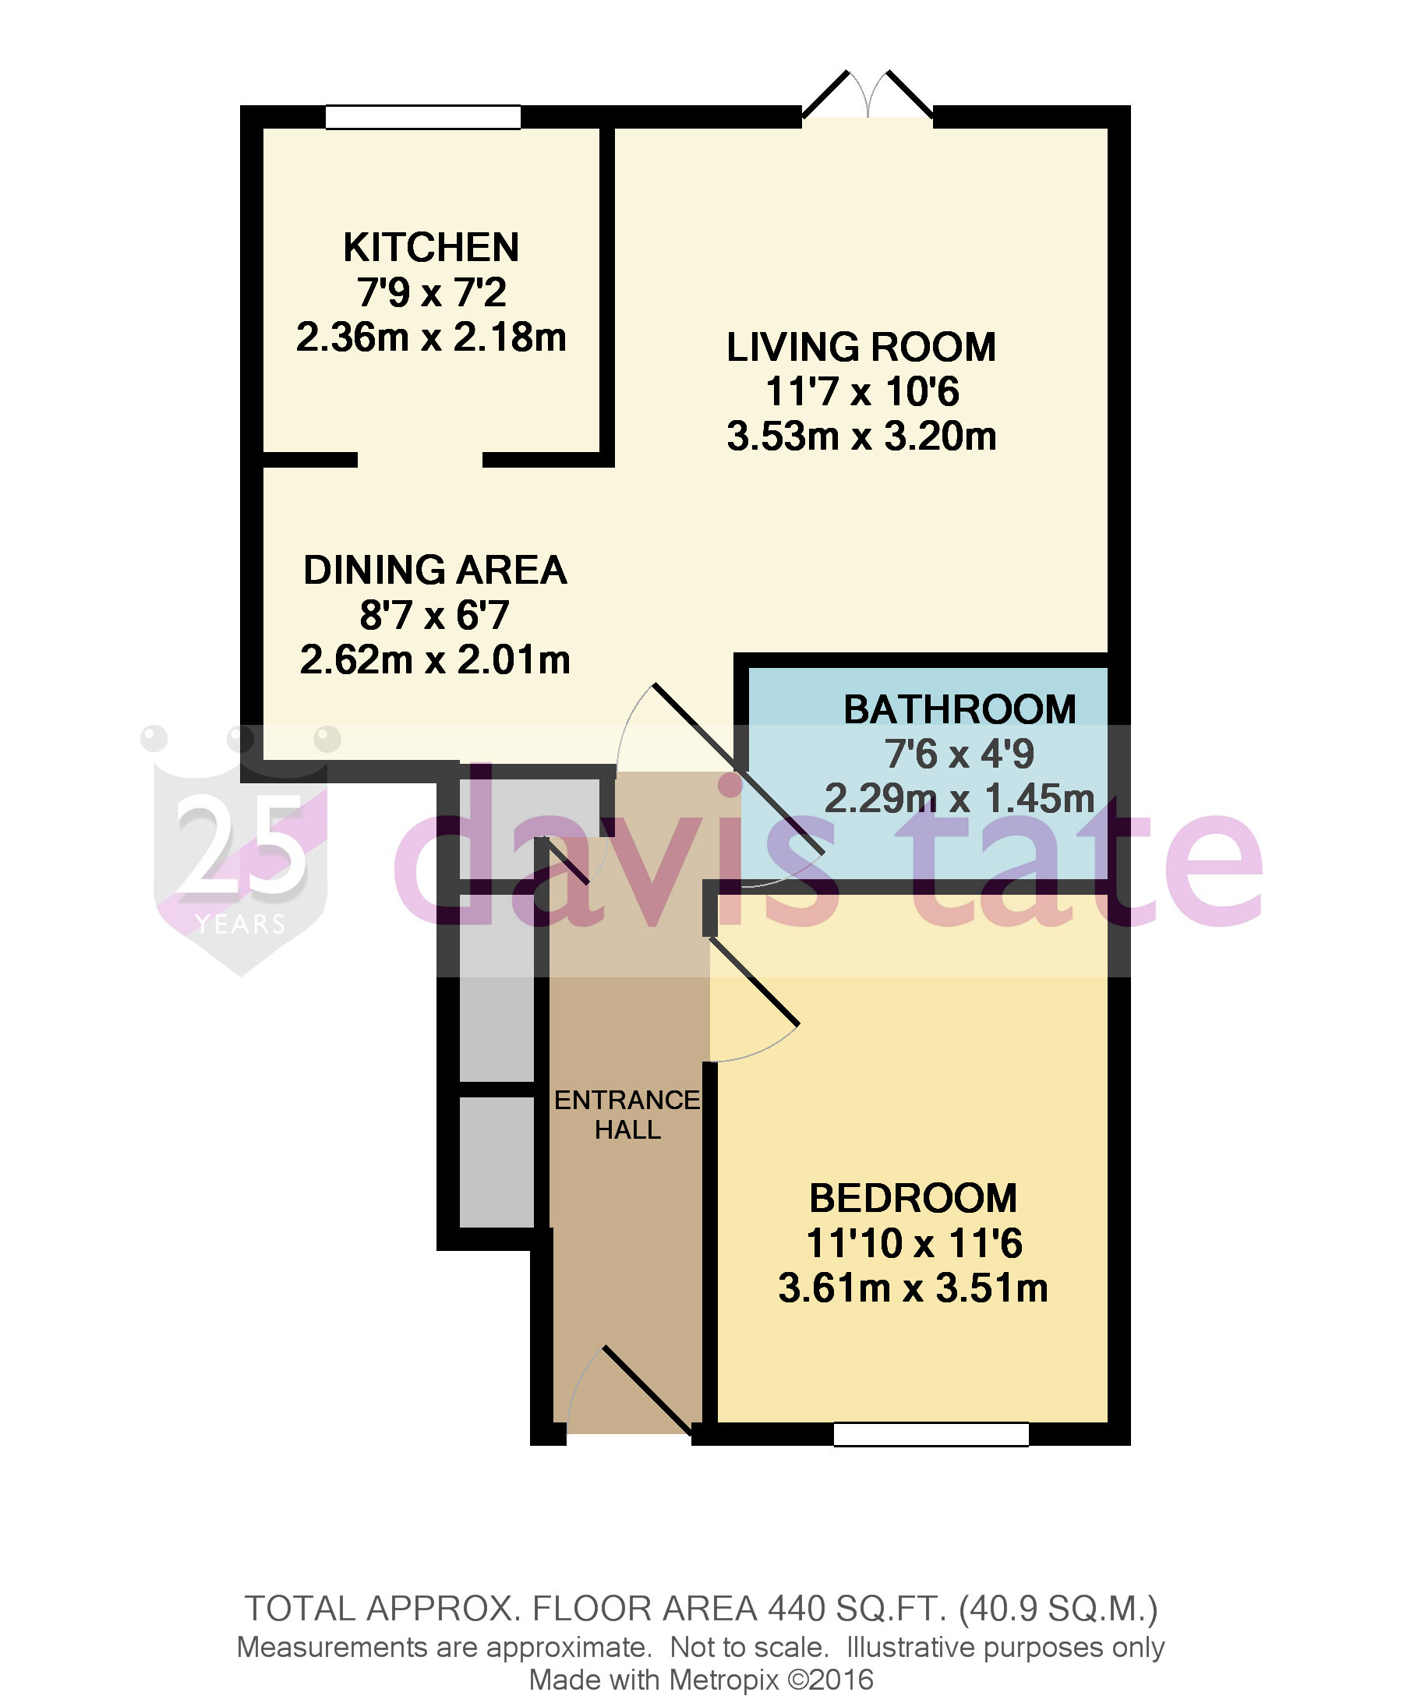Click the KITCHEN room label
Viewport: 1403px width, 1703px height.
click(431, 247)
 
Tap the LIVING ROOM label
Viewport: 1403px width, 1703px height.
click(861, 348)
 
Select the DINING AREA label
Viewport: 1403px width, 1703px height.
click(435, 570)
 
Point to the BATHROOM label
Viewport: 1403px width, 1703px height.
click(959, 710)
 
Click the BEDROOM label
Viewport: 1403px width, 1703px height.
click(913, 1199)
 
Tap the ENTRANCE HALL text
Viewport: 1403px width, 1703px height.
click(627, 1115)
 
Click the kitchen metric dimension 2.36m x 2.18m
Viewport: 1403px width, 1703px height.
click(431, 337)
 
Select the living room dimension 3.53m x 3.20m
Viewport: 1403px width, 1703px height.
click(861, 436)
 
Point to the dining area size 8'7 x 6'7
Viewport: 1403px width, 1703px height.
click(435, 615)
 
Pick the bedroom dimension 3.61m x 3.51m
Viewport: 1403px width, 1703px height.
click(913, 1288)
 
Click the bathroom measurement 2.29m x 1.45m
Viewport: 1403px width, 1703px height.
click(959, 799)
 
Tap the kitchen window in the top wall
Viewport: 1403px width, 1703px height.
click(422, 117)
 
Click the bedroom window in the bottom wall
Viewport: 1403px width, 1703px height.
click(931, 1435)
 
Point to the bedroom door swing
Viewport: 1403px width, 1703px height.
click(751, 1002)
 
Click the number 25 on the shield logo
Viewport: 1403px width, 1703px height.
click(241, 845)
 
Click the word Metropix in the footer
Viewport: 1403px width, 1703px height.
click(723, 1680)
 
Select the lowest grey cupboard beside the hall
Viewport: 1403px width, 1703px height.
click(497, 1161)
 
